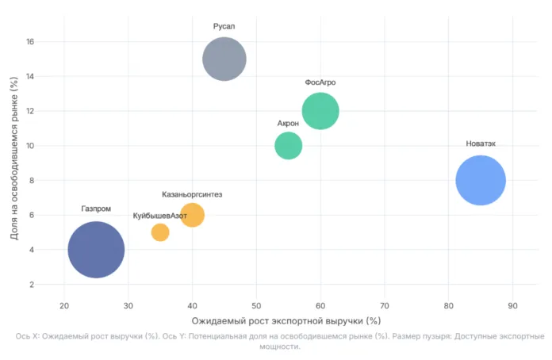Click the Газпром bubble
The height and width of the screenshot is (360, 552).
click(x=96, y=249)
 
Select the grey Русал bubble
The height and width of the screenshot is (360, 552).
click(x=224, y=59)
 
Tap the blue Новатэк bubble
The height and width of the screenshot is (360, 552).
click(x=481, y=181)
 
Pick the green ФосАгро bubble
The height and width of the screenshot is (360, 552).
click(x=320, y=111)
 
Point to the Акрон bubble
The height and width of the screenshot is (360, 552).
click(x=288, y=146)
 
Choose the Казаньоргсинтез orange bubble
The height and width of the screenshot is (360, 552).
click(x=192, y=215)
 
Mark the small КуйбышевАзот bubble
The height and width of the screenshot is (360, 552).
click(x=160, y=232)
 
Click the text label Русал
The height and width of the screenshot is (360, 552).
click(x=224, y=26)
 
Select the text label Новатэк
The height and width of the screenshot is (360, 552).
click(x=481, y=144)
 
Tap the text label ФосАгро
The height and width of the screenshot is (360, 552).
click(x=320, y=82)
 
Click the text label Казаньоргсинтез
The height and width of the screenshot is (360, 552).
click(x=192, y=194)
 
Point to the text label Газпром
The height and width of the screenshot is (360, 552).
click(x=96, y=209)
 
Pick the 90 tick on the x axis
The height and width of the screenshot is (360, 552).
click(x=512, y=305)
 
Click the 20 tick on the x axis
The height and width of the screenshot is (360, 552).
click(x=64, y=305)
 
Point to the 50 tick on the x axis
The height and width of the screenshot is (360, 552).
click(x=256, y=305)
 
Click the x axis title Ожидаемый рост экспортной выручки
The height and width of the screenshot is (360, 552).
click(x=286, y=321)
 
